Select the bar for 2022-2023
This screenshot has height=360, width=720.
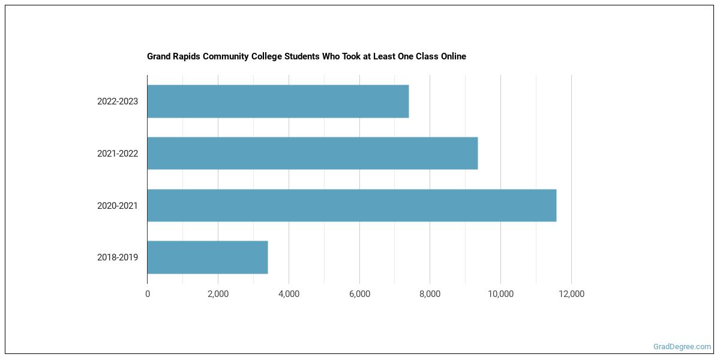point(278,101)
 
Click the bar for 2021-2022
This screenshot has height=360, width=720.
point(312,153)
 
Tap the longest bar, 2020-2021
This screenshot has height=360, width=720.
point(352,205)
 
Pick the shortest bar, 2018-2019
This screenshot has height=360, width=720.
point(207,257)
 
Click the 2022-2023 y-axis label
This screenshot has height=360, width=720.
point(118,101)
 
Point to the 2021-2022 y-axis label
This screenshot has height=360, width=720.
point(118,154)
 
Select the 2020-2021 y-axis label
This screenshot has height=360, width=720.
point(118,206)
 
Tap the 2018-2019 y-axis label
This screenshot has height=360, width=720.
point(118,257)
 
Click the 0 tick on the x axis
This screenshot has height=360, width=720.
point(148,294)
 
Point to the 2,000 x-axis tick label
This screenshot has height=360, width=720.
point(218,294)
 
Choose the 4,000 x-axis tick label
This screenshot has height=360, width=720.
point(289,294)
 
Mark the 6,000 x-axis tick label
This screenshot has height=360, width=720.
point(359,294)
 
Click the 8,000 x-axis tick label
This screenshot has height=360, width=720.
point(430,294)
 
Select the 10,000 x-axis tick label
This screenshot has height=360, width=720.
point(500,294)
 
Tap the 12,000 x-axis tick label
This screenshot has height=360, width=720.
point(571,294)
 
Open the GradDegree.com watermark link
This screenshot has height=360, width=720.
point(682,347)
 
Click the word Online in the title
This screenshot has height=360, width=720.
point(451,56)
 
